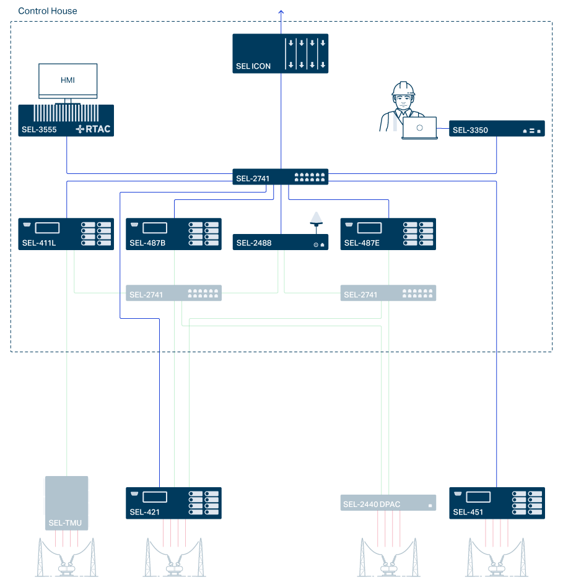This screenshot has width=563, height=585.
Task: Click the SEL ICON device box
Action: (x=280, y=54)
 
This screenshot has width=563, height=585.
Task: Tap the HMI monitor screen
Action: (x=68, y=80)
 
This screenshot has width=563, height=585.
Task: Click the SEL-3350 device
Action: (x=497, y=129)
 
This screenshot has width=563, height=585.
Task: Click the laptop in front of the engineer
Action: (x=419, y=128)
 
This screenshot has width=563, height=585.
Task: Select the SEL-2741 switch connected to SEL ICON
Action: (x=280, y=177)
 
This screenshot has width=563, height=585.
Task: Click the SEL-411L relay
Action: (x=66, y=234)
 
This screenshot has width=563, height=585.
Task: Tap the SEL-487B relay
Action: (x=173, y=234)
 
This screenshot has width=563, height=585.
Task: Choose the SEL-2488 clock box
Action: (x=280, y=242)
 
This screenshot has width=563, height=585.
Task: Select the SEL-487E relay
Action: (x=388, y=234)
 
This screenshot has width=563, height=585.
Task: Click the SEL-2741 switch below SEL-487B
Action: (x=173, y=293)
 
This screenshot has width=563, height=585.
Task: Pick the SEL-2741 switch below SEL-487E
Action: (x=388, y=293)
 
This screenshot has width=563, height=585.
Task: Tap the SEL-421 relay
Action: (x=173, y=503)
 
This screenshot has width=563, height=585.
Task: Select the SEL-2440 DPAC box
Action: (x=388, y=503)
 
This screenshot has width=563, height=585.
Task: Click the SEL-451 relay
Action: (x=497, y=503)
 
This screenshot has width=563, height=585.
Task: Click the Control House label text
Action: (x=48, y=12)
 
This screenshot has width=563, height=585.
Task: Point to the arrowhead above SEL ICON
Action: (x=281, y=12)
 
